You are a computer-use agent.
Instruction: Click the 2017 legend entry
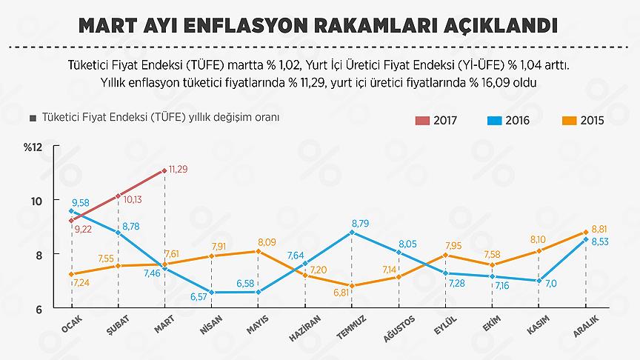point(435,120)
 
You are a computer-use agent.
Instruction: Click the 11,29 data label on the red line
point(178,170)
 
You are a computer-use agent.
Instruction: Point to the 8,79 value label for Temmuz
point(360,222)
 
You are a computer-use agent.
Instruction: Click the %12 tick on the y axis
point(33,147)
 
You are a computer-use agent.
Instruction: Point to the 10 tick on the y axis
point(36,201)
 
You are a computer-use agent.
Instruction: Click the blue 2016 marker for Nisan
point(211,292)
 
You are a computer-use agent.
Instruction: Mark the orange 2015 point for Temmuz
point(351,285)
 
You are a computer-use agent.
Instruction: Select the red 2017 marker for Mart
point(164,170)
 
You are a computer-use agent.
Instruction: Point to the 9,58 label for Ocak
point(81,203)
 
